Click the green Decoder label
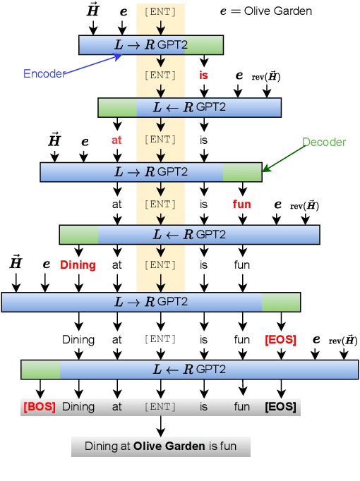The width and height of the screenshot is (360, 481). pos(324,142)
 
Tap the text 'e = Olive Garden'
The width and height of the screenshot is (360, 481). pos(265,11)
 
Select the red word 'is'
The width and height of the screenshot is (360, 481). pos(203,75)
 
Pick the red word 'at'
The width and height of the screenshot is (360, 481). pos(116,140)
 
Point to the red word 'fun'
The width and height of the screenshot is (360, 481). pos(242,205)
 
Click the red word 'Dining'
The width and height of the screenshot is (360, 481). pos(78,265)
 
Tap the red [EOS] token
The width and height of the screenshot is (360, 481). pos(280,340)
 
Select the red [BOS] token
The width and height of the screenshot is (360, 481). pos(39,407)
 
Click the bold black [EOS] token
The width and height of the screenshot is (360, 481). pos(280,407)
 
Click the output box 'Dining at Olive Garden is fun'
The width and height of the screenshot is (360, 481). pos(160,446)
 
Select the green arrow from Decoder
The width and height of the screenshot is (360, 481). pos(283,159)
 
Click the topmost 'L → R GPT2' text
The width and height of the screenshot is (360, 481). pos(151,45)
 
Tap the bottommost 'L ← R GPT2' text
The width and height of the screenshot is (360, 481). pos(190,370)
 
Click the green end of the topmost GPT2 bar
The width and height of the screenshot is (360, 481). pos(205,45)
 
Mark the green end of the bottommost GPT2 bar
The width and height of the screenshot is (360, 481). pos(40,370)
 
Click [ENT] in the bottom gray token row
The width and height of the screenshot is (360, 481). pos(160,407)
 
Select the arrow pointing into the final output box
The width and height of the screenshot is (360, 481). pos(160,426)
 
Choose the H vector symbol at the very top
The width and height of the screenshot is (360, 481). pos(93,10)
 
